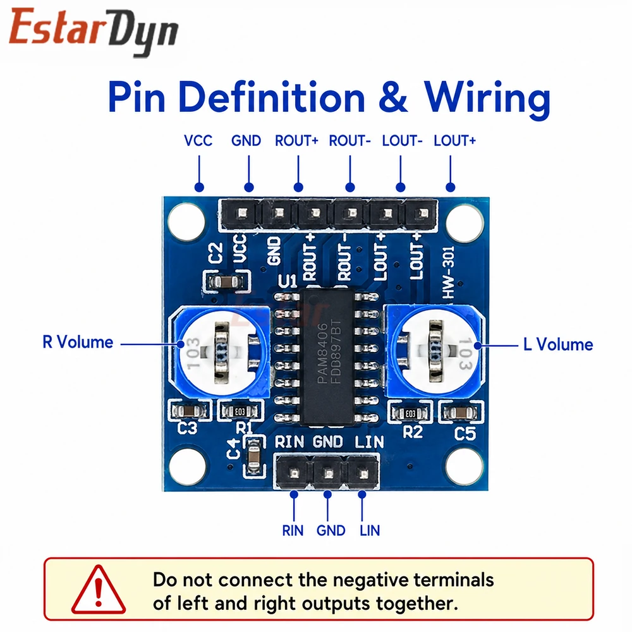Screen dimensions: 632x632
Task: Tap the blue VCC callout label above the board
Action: click(198, 141)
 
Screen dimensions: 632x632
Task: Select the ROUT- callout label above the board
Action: click(350, 141)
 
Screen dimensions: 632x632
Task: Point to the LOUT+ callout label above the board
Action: click(454, 141)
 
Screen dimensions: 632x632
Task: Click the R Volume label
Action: click(78, 342)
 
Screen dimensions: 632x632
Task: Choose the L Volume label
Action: click(558, 344)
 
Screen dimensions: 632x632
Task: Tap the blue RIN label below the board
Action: click(293, 530)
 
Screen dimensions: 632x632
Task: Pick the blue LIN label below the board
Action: click(370, 530)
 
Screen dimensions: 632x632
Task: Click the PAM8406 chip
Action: click(327, 356)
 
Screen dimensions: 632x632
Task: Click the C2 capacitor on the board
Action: click(226, 282)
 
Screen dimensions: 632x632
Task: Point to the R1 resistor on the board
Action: click(240, 411)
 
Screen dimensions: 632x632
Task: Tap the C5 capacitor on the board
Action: click(460, 413)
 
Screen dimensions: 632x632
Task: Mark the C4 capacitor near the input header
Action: click(253, 456)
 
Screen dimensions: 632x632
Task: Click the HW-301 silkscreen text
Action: click(448, 272)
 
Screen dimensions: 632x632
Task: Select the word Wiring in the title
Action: click(487, 98)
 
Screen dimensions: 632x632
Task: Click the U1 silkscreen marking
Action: click(288, 281)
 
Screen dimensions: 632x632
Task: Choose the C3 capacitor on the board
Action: click(188, 411)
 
